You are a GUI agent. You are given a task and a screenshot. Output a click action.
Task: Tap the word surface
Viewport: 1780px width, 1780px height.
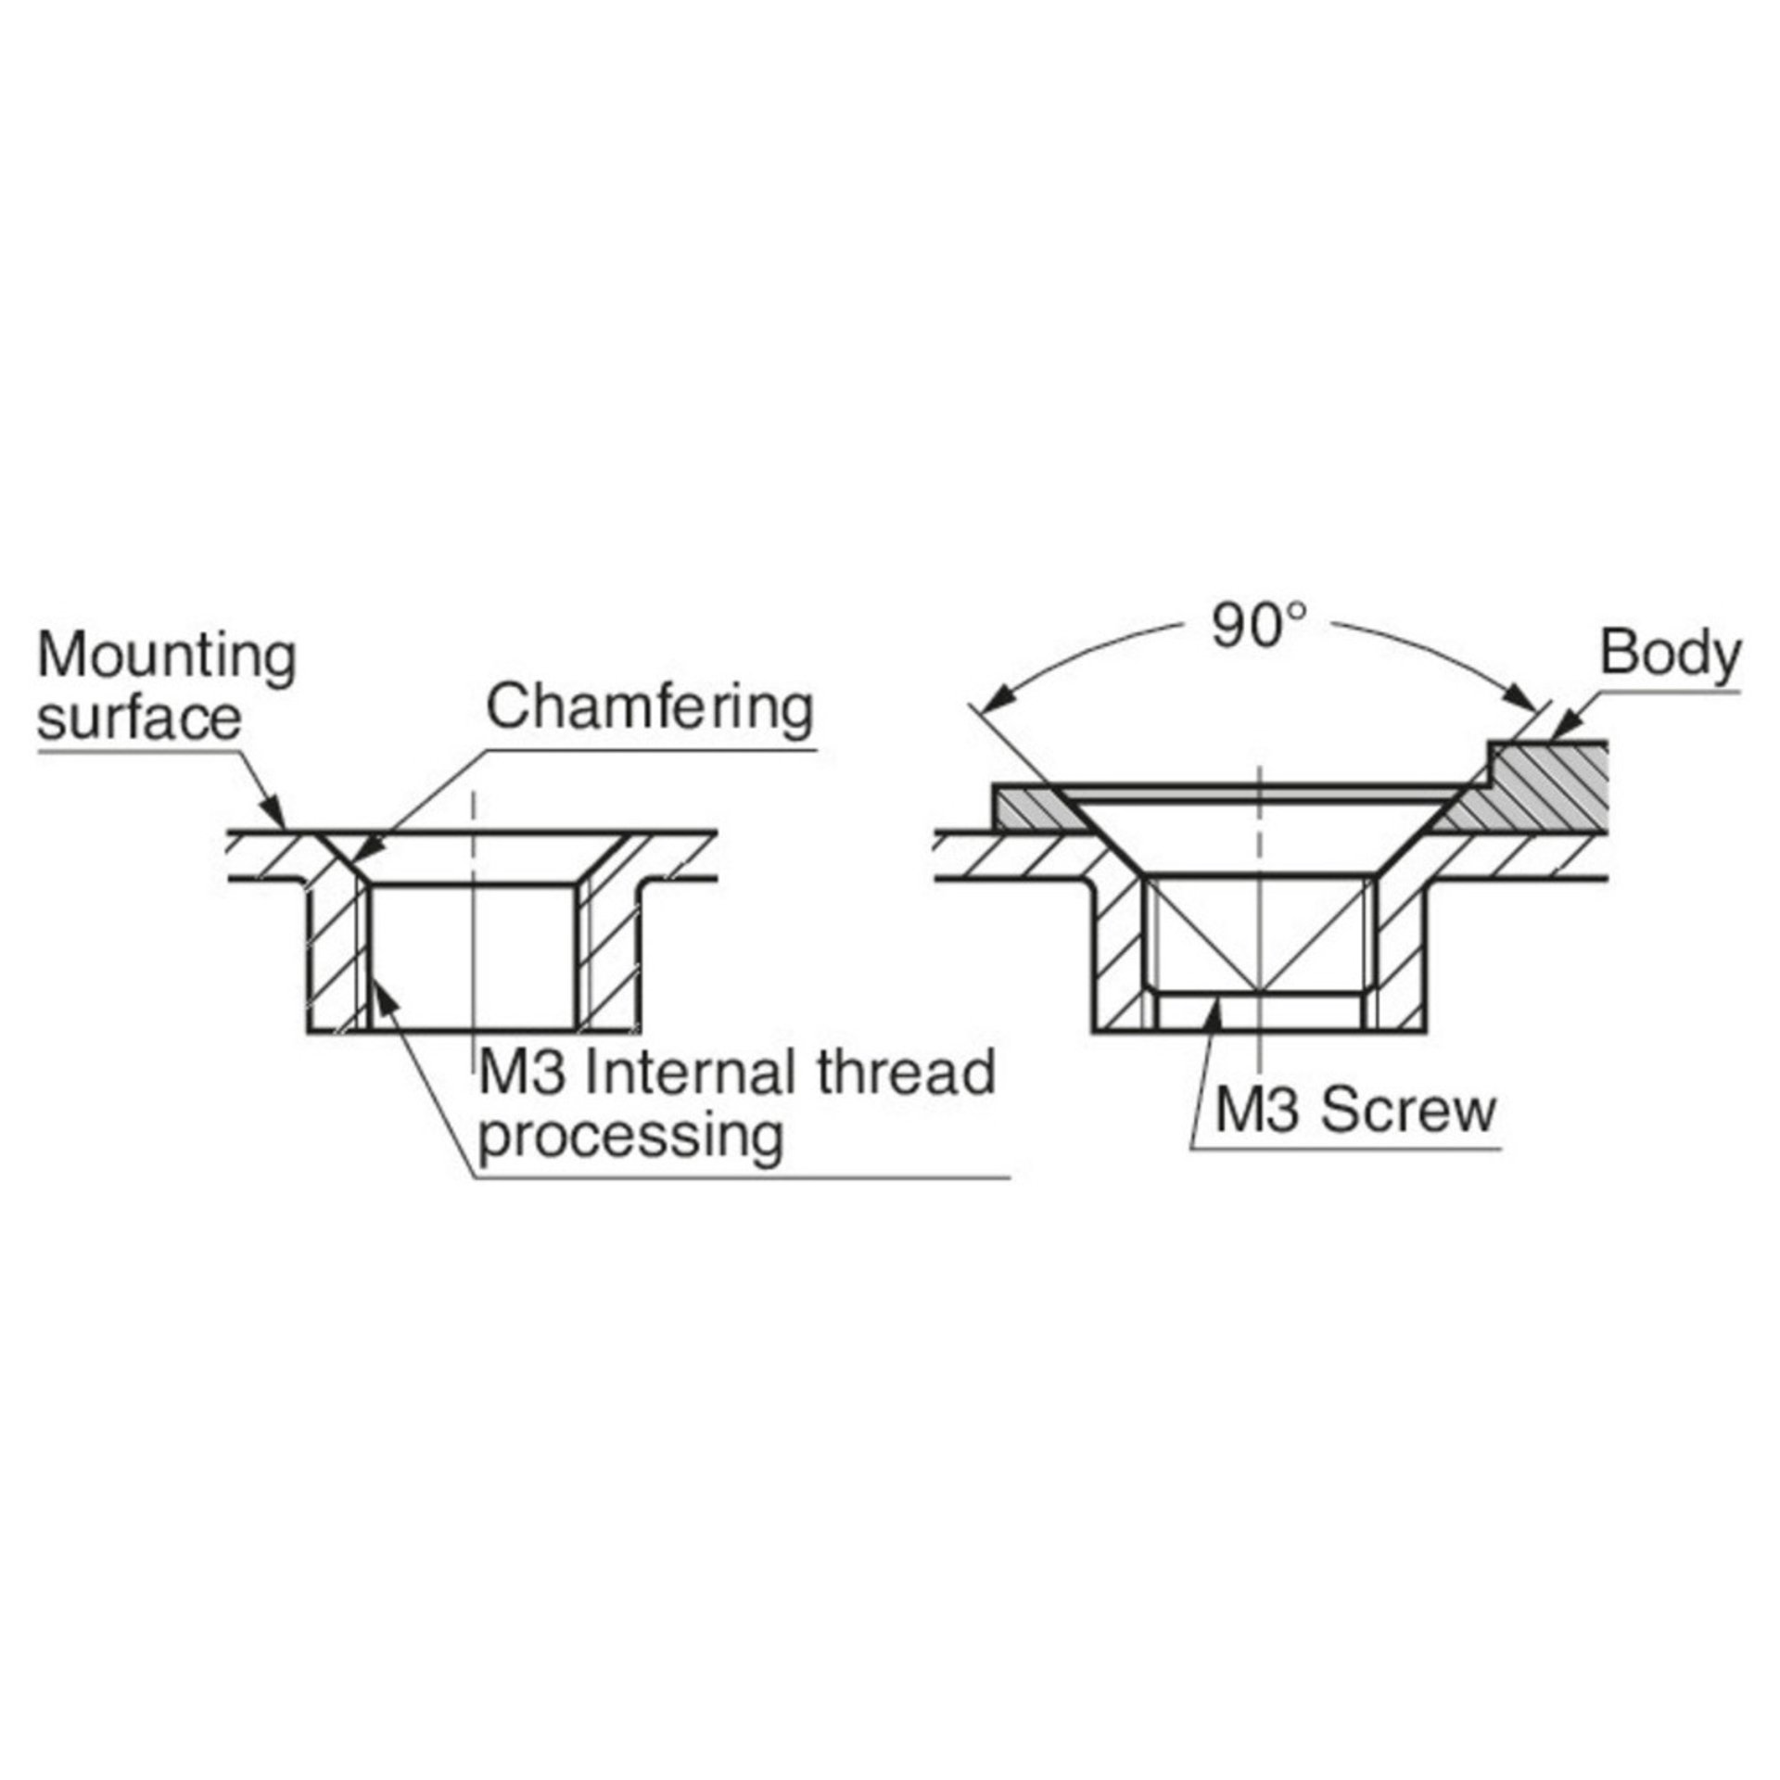[x=139, y=718]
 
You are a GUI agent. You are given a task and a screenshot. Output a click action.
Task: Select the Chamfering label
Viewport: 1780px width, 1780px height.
[x=650, y=709]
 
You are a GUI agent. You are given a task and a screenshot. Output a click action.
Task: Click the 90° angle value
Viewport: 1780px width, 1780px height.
[x=1259, y=626]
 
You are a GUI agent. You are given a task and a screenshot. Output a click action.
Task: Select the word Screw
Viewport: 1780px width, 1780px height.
[x=1408, y=1110]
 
